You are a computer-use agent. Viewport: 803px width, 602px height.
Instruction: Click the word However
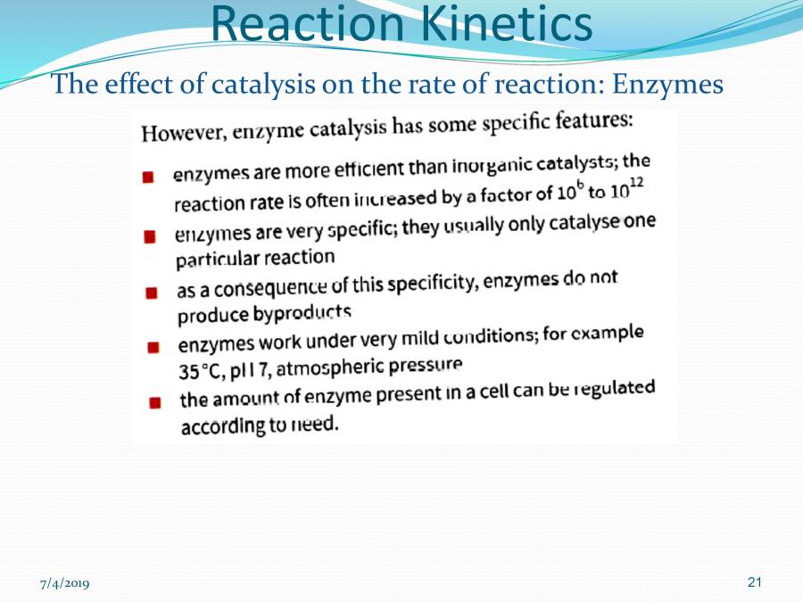pos(184,134)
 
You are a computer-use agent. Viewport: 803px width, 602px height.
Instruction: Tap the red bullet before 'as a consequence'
pos(152,293)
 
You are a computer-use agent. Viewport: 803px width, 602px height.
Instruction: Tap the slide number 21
pos(755,582)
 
